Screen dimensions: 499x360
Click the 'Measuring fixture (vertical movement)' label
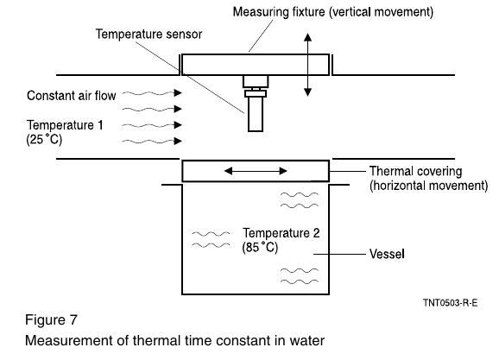pyautogui.click(x=333, y=12)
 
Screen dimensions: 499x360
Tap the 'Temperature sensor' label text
pyautogui.click(x=148, y=34)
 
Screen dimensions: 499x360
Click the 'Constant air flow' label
pyautogui.click(x=72, y=96)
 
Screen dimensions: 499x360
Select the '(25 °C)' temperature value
pyautogui.click(x=44, y=139)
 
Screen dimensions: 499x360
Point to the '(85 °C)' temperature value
pyautogui.click(x=260, y=247)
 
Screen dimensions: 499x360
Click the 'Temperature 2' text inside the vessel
pyautogui.click(x=281, y=233)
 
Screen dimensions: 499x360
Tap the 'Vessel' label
pyautogui.click(x=387, y=254)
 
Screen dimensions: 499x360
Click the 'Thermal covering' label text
pyautogui.click(x=415, y=171)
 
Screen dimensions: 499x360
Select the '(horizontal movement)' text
pyautogui.click(x=429, y=186)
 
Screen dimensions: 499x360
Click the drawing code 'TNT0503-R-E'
pyautogui.click(x=451, y=302)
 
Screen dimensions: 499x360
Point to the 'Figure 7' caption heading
pyautogui.click(x=51, y=319)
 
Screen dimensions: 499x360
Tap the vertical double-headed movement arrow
pyautogui.click(x=307, y=65)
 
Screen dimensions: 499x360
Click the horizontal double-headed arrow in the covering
pyautogui.click(x=256, y=171)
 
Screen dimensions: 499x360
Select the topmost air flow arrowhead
pyautogui.click(x=178, y=93)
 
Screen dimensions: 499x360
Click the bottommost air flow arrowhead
pyautogui.click(x=178, y=141)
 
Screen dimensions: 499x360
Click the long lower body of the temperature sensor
pyautogui.click(x=256, y=114)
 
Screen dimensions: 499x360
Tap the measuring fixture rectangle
pyautogui.click(x=256, y=65)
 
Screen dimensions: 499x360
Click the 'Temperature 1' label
pyautogui.click(x=65, y=125)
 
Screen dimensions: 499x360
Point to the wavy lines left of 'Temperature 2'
pyautogui.click(x=211, y=239)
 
